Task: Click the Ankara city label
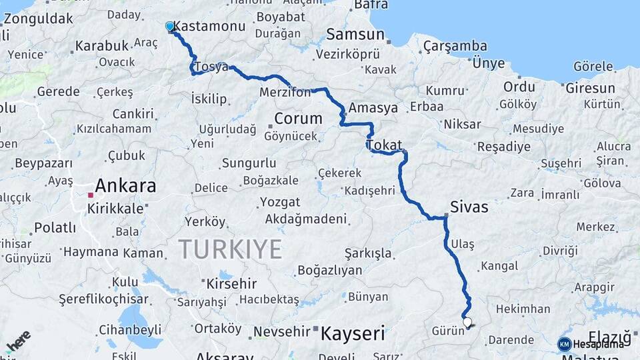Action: [x=125, y=185]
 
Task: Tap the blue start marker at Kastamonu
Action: [x=170, y=27]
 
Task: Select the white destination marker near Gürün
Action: [x=467, y=323]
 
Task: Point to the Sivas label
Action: [x=469, y=207]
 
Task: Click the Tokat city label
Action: [x=384, y=145]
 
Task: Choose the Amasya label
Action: [x=373, y=107]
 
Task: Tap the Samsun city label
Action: [x=355, y=34]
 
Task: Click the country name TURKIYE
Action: [x=230, y=249]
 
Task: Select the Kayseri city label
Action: [x=353, y=333]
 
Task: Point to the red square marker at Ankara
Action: [x=90, y=195]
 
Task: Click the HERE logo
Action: [x=18, y=341]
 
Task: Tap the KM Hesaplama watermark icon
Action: [x=564, y=344]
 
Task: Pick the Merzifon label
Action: [x=285, y=92]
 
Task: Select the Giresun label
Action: [x=590, y=88]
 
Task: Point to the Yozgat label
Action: [x=280, y=201]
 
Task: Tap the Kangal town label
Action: [x=499, y=266]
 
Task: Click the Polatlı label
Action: [x=55, y=227]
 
